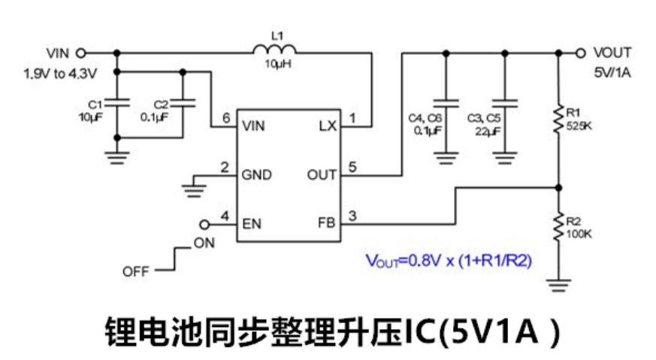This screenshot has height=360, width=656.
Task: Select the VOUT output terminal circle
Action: pos(579,53)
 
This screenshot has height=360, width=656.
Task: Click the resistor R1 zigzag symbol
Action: pos(558,118)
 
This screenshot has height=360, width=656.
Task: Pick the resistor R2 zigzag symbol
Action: pos(558,226)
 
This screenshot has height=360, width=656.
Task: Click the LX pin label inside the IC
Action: pos(328,126)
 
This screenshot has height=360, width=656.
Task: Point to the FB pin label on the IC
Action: pos(328,224)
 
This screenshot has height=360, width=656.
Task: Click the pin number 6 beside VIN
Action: pos(225,119)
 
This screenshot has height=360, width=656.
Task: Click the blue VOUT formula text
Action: pos(449,261)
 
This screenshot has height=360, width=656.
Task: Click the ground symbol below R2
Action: pos(558,284)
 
